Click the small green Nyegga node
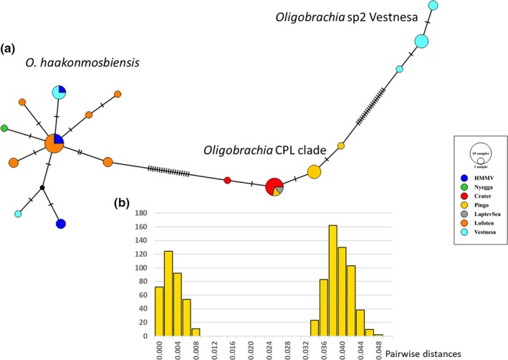[4, 128]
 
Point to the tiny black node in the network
[42, 188]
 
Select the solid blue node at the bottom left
[61, 224]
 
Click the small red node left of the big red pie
[228, 180]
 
